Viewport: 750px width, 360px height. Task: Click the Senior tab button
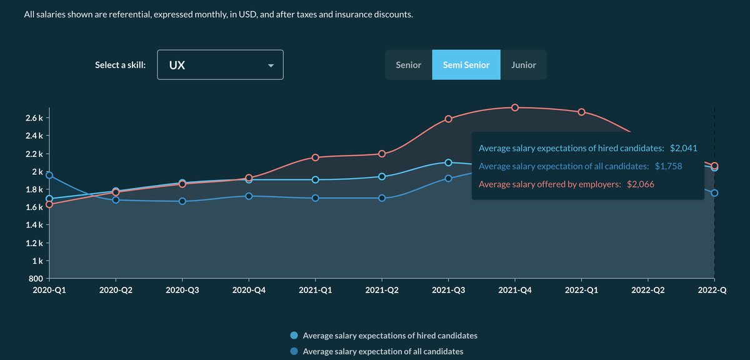(x=409, y=65)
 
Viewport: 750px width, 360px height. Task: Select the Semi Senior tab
(x=466, y=65)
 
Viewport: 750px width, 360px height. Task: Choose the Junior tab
(x=524, y=65)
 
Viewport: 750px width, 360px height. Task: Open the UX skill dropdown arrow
(x=271, y=66)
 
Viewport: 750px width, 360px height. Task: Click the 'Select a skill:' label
(x=120, y=65)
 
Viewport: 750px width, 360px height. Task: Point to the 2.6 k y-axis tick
(x=34, y=118)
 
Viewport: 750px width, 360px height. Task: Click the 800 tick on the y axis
(x=37, y=279)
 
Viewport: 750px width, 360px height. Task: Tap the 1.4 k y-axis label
(x=34, y=225)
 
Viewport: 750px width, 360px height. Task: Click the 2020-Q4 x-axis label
(x=249, y=291)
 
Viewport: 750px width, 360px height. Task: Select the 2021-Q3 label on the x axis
(x=448, y=291)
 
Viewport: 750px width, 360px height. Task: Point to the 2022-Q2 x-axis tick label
(x=647, y=291)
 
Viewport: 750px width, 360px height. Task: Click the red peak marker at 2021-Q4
(x=515, y=107)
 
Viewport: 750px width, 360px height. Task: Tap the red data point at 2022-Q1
(x=581, y=112)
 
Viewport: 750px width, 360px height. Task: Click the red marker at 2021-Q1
(x=316, y=157)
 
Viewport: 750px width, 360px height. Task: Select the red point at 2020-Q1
(x=49, y=204)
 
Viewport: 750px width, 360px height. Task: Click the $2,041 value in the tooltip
(x=683, y=148)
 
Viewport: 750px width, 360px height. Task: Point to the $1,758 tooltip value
(x=668, y=166)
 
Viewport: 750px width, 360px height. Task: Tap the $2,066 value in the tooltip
(x=640, y=184)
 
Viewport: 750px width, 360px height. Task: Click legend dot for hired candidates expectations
(x=294, y=336)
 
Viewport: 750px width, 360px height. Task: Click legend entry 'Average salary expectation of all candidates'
(x=382, y=351)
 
